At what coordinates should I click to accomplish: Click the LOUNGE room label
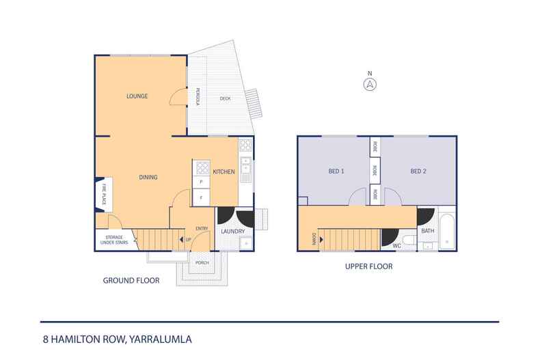[x=137, y=96]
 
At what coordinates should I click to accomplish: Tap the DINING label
[x=148, y=178]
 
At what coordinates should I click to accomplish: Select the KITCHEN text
[x=224, y=171]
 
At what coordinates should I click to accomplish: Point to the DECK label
[x=225, y=99]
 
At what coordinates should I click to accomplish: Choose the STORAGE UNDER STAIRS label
[x=113, y=239]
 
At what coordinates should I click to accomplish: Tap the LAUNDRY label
[x=232, y=232]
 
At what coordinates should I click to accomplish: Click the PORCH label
[x=202, y=262]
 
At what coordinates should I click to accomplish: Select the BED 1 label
[x=337, y=171]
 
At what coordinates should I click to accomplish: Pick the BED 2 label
[x=418, y=171]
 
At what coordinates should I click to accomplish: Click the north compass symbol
[x=369, y=84]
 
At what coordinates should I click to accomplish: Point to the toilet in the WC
[x=407, y=239]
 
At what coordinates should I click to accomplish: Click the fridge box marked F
[x=201, y=197]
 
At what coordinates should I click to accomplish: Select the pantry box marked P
[x=201, y=182]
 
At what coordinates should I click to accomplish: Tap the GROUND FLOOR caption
[x=131, y=280]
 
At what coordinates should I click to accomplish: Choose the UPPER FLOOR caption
[x=369, y=266]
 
